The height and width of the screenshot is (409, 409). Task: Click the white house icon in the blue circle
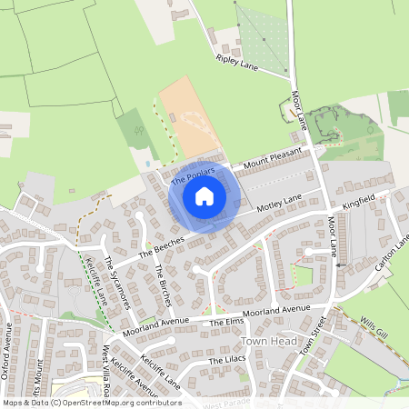coord(204,195)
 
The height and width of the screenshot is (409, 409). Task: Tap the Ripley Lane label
coord(237,63)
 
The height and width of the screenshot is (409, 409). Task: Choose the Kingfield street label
coord(358,204)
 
